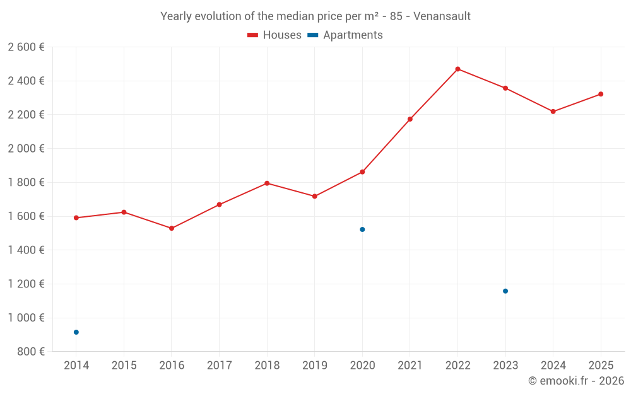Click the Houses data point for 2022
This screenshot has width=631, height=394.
457,69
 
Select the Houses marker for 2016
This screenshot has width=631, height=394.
172,228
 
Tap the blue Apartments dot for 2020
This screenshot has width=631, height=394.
362,229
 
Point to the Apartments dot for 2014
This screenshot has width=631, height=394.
76,332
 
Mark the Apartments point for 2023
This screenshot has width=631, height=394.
505,291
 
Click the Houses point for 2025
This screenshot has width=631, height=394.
601,94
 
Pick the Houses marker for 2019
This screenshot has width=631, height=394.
315,196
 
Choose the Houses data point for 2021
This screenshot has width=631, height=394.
410,119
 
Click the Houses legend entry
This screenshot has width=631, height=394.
274,35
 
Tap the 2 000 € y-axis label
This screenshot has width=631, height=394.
26,149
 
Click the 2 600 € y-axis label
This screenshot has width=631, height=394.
26,47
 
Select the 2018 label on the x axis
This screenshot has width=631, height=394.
267,366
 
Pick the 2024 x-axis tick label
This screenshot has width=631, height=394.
553,366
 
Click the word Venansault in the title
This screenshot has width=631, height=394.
442,16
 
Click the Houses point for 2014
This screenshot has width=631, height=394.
76,217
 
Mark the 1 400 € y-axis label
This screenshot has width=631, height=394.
26,250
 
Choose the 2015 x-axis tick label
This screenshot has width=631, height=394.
124,366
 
